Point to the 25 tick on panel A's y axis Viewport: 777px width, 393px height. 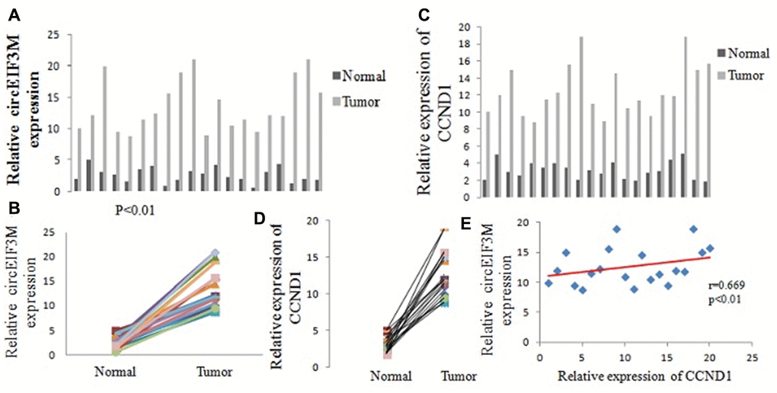point(53,34)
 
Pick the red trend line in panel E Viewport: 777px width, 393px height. point(625,267)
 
